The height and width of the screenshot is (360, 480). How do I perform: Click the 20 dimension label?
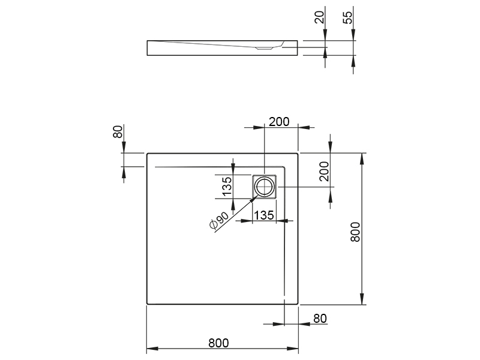point(319,17)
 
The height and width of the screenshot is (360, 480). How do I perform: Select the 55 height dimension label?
point(348,17)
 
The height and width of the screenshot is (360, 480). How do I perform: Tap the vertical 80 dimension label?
point(118,131)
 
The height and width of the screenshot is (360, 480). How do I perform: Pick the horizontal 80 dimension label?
point(320,319)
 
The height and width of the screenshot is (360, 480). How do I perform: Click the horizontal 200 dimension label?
point(279,122)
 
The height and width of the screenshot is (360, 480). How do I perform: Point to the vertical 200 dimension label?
point(324,172)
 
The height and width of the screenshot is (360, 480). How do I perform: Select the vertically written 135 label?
point(227,187)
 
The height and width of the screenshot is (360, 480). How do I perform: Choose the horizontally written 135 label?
point(264,215)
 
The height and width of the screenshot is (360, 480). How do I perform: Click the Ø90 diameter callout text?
point(219,220)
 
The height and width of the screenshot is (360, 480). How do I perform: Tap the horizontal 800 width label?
point(218,343)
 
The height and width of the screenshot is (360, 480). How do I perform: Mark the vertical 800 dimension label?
point(355,232)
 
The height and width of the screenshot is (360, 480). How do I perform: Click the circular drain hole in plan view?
point(264,187)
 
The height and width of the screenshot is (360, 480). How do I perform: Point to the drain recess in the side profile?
point(264,48)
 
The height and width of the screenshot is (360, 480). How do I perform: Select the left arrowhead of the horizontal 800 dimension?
point(152,349)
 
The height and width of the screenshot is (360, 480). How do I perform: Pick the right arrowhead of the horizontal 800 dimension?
point(292,349)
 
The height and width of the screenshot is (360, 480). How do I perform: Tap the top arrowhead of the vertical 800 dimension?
point(362,159)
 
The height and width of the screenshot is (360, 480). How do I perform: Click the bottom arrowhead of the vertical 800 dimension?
point(362,299)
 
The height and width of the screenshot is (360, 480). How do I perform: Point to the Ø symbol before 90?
point(214,225)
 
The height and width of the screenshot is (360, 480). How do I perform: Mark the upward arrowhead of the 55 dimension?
point(353,61)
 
